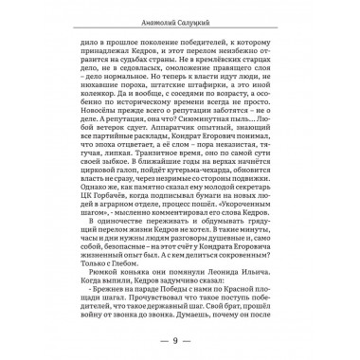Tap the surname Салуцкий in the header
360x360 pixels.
198,20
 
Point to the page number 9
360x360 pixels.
179,339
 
